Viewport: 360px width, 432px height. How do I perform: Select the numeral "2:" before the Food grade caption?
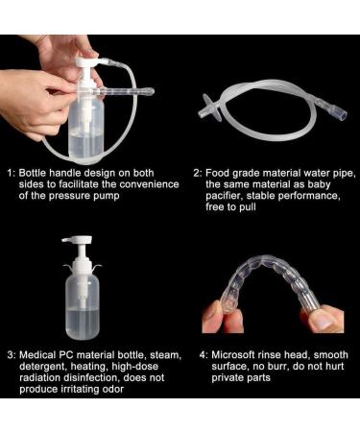click(199, 173)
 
